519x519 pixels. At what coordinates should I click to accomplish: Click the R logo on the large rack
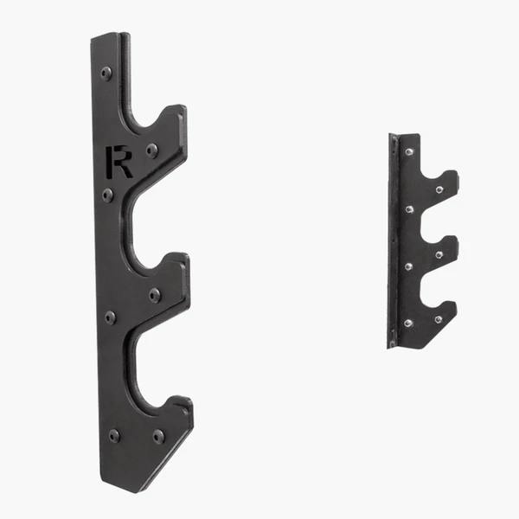click(119, 162)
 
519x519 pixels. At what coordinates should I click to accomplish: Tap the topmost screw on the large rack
click(106, 73)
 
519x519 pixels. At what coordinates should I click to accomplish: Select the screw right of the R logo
click(152, 150)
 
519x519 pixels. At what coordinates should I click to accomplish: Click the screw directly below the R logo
click(107, 195)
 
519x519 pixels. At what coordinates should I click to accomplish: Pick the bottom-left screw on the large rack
click(114, 435)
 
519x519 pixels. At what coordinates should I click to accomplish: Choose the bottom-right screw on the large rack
click(158, 436)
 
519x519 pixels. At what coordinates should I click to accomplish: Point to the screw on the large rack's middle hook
click(154, 295)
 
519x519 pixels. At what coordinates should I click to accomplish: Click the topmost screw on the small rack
click(407, 151)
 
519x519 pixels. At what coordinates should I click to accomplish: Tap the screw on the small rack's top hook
click(439, 189)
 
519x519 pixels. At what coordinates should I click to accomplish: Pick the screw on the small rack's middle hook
click(439, 255)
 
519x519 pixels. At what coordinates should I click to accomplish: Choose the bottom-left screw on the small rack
click(407, 323)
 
